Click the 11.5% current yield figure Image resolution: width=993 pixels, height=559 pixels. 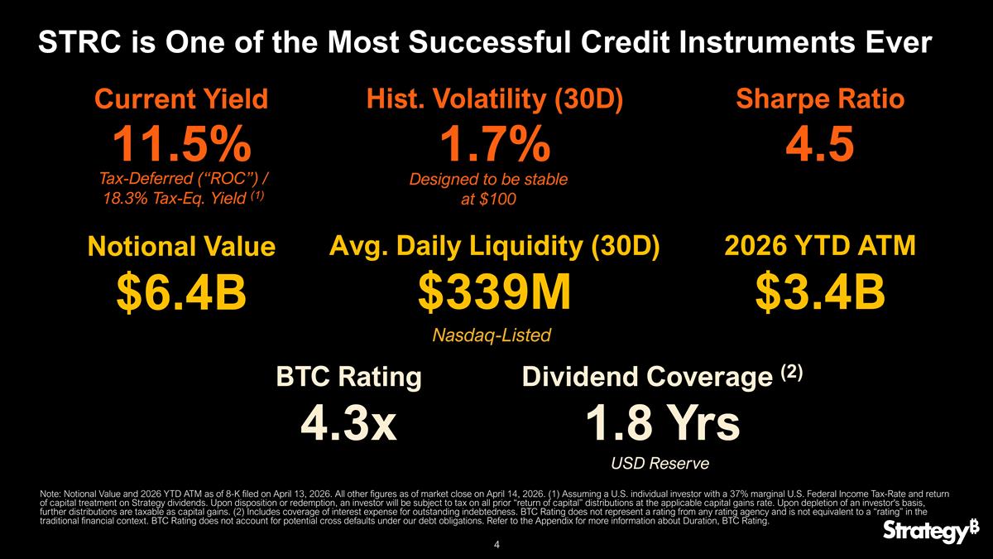pos(182,147)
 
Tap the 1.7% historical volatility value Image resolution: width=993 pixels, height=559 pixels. pos(493,147)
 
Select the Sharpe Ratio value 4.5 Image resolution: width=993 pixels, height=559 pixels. pos(819,147)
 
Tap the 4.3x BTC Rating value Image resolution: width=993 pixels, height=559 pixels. pos(348,423)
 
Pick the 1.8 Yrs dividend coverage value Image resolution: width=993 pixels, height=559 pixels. pos(662,423)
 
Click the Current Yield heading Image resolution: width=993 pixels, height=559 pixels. pos(181,100)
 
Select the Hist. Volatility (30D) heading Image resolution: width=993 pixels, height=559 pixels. pos(494,99)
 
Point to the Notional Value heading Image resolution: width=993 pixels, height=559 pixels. pos(181,247)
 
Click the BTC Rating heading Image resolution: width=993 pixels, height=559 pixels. pos(348,378)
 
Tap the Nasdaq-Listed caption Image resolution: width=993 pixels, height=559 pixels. pos(492,335)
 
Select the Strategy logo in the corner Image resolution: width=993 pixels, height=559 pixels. pos(925,532)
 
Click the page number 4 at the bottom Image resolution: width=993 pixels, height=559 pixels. pos(496,545)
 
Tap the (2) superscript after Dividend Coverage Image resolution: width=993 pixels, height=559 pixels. pos(793,372)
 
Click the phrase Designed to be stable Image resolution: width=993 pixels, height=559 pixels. pos(489,179)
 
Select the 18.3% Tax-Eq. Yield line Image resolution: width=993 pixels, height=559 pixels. pos(181,198)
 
